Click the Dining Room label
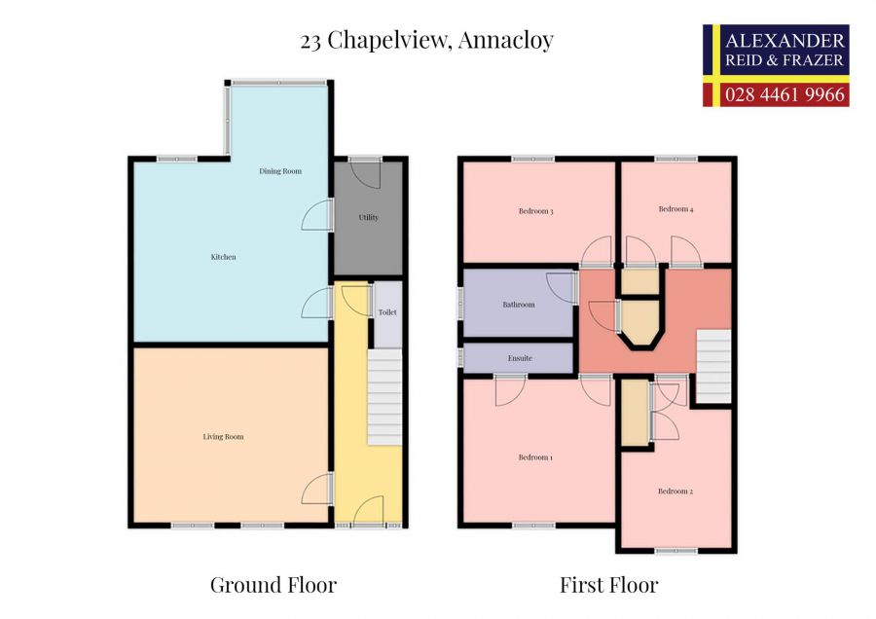click(279, 171)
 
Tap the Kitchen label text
click(223, 257)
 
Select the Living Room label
click(223, 437)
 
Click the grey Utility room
click(368, 218)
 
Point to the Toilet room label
click(388, 312)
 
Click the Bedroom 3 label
click(535, 211)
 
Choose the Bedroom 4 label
click(675, 209)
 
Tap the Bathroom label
click(519, 305)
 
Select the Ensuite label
click(520, 358)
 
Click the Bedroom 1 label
click(535, 457)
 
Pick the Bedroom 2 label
click(675, 492)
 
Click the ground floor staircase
click(384, 397)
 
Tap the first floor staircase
click(714, 366)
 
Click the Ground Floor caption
click(274, 585)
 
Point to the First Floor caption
click(608, 585)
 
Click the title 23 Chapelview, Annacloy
click(427, 40)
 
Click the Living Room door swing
click(316, 490)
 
